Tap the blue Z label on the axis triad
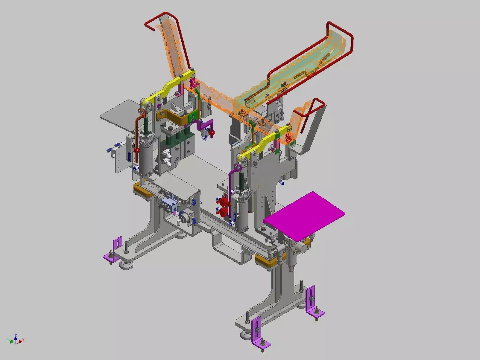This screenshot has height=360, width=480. tap(16, 335)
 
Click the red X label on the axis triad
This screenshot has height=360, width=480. tap(23, 340)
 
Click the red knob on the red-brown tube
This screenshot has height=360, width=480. tap(137, 150)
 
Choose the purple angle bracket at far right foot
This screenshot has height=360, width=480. tap(313, 302)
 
